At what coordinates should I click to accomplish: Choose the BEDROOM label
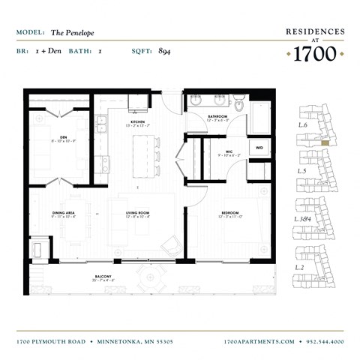230,213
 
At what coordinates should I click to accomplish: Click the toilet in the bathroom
239,104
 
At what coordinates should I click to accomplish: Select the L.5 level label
301,172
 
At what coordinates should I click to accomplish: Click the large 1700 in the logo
314,54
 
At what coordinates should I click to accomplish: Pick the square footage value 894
165,51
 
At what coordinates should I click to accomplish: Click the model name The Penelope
73,33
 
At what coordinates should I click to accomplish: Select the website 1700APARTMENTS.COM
259,340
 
